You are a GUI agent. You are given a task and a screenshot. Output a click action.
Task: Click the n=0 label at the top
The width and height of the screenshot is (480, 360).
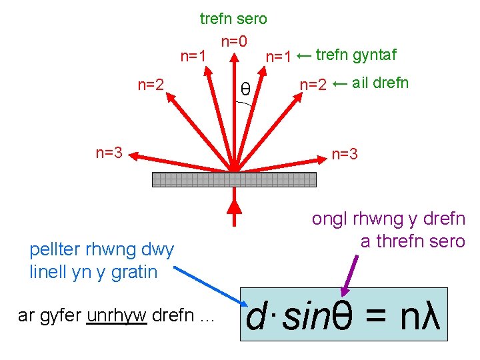pos(234,42)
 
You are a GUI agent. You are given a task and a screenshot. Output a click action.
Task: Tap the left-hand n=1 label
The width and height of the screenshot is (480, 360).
pos(193,56)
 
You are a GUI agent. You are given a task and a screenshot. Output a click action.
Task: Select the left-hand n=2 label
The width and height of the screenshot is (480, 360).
pos(151,84)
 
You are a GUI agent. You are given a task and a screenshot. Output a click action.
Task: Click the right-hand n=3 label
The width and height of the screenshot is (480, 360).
pos(345,155)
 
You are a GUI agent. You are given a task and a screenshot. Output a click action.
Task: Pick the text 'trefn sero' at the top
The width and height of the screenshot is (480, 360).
pos(233,19)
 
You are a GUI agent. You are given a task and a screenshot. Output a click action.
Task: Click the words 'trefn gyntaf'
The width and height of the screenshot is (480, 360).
pos(357,55)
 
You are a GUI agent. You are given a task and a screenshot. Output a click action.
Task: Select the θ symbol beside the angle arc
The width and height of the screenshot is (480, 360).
pos(245,89)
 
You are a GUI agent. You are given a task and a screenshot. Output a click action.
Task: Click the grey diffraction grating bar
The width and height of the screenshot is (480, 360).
pos(234,179)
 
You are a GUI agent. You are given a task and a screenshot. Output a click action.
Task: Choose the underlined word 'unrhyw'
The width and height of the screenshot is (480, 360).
pos(116,315)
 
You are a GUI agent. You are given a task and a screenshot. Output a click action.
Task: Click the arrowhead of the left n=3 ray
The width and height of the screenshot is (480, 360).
pos(134,157)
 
